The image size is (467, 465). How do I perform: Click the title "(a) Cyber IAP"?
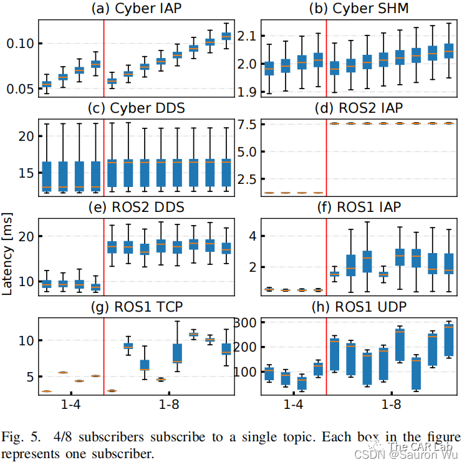click(133, 9)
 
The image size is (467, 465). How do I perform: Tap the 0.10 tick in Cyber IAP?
click(21, 43)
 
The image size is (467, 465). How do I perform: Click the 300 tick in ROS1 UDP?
click(248, 322)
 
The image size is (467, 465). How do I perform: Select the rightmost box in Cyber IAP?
click(226, 36)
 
